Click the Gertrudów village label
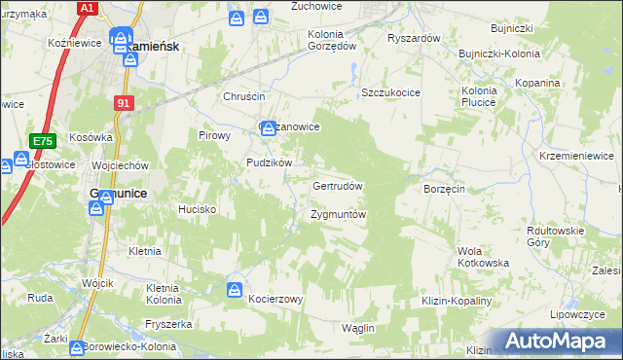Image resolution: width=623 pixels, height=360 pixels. coord(338,186)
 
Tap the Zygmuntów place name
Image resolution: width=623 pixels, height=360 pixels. coord(338,214)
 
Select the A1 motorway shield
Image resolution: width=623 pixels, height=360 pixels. coord(88,8)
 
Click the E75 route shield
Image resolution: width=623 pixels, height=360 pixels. coord(42,142)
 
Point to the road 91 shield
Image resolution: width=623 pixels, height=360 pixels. coord(123,102)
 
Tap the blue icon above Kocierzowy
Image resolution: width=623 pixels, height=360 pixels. coord(235,289)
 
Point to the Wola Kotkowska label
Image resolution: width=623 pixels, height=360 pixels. coord(483,257)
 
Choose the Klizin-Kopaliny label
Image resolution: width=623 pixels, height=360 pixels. coord(457,302)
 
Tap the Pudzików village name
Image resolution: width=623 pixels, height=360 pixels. coord(270,163)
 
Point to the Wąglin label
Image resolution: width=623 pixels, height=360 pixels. coord(358,328)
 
